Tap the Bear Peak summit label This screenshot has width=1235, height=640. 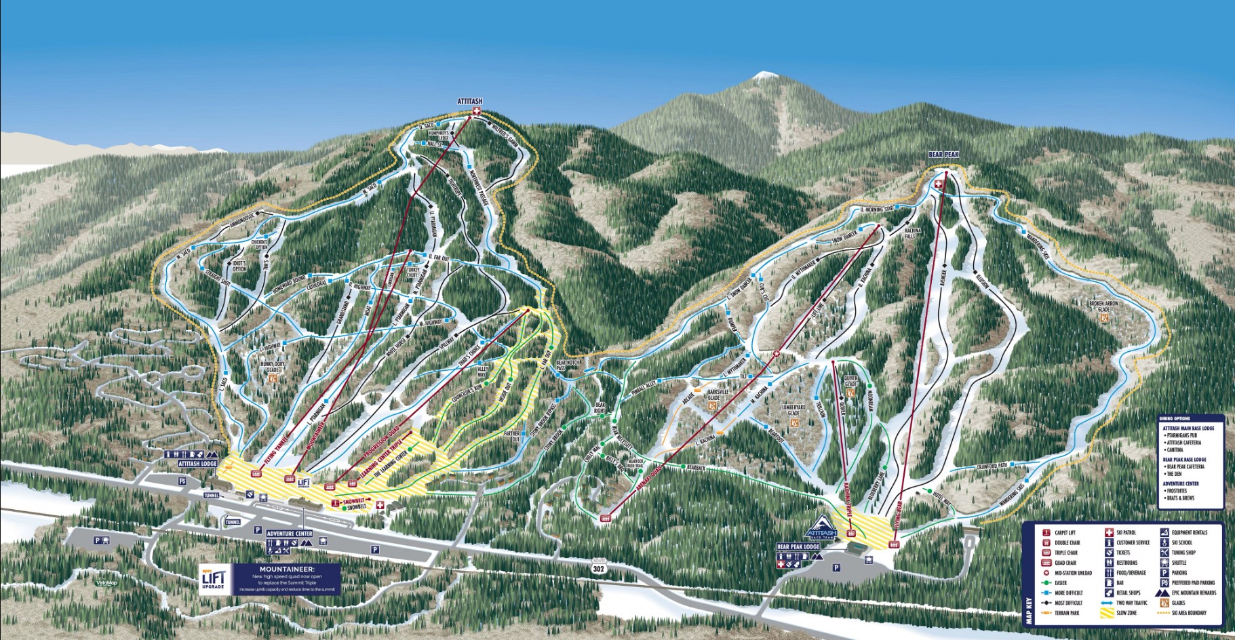[944, 155]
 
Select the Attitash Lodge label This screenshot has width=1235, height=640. [198, 464]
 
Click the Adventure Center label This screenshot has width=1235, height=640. [290, 534]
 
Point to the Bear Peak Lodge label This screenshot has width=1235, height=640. [798, 546]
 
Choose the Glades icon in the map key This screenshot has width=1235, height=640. [1164, 603]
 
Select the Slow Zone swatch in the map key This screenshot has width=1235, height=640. [1106, 613]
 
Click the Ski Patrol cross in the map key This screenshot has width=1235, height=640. [1110, 533]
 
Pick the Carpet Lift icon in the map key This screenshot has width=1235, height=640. [1046, 533]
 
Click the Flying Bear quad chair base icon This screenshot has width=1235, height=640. [893, 544]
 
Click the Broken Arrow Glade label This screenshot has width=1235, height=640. [1103, 306]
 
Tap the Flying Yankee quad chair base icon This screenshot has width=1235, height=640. [256, 474]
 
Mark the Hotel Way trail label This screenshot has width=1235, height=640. [941, 496]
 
